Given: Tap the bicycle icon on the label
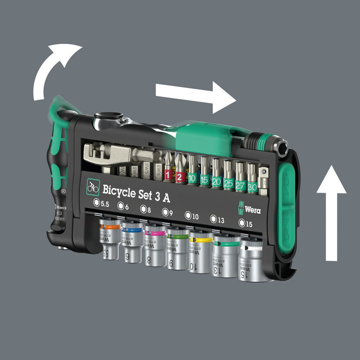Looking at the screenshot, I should coord(93,187).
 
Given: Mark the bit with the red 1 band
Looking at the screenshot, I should coord(168,167).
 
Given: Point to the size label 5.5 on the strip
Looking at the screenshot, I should coord(103,202).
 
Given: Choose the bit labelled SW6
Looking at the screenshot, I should coord(159,170).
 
